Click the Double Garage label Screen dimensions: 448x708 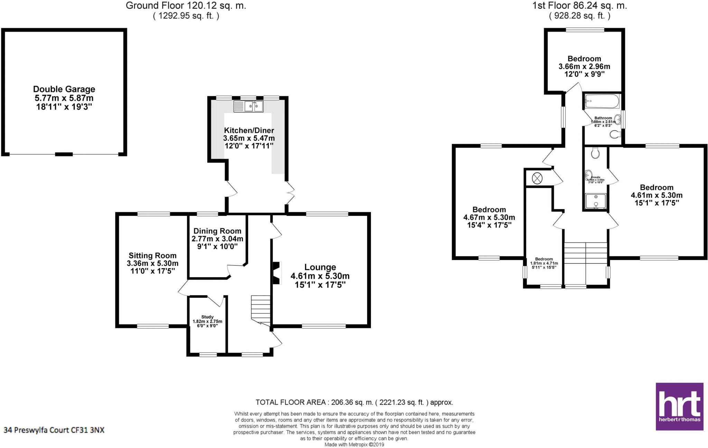pos(64,89)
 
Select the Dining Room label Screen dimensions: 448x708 pos(217,231)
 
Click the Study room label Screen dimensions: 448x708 pos(207,317)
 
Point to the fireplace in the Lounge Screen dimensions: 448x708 pos(276,273)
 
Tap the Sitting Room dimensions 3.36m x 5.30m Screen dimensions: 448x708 pos(152,263)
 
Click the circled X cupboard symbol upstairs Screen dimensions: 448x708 pos(537,179)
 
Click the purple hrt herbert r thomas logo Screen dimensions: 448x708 pos(679,406)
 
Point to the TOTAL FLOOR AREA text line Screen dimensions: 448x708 pos(354,402)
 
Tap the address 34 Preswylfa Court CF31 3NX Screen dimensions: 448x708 pos(54,430)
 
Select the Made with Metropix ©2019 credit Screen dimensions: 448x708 pos(354,445)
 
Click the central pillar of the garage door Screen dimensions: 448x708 pos(64,154)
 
